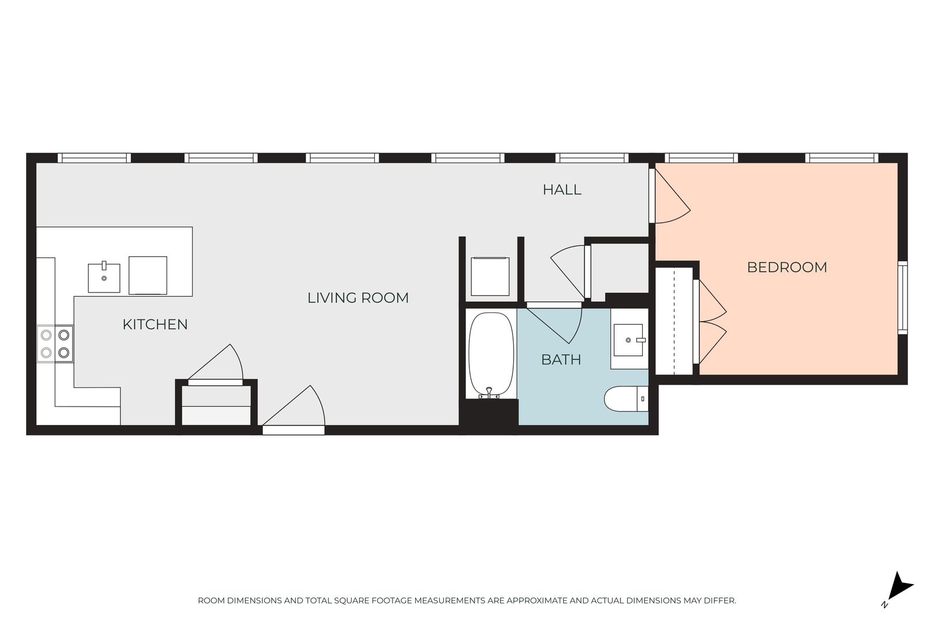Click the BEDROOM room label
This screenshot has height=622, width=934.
coord(787,267)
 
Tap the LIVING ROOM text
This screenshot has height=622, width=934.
coord(358,298)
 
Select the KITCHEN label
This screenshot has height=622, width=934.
coord(155,324)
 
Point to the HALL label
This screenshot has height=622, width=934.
coord(562,189)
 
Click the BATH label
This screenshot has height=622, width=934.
coord(561,359)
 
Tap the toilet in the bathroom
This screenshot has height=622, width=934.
coord(626,399)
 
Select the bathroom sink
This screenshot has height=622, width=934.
coord(628,340)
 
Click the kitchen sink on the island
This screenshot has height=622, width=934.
coord(104,278)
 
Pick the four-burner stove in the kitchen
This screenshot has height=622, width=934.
coord(55,344)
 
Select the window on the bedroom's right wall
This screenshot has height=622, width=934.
coord(902,297)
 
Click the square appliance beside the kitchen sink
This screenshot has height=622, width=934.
coord(148,275)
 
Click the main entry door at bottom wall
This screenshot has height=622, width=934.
coord(293,411)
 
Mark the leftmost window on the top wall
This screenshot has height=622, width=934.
coord(94,158)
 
